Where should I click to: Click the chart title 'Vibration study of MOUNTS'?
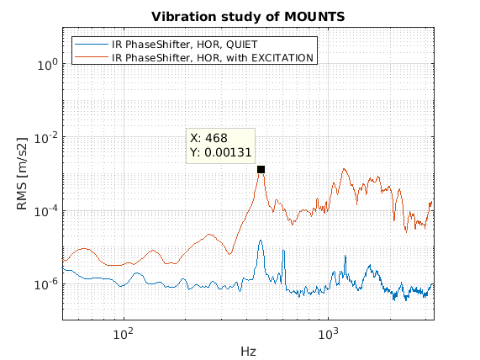pyautogui.click(x=248, y=17)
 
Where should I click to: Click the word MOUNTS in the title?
pyautogui.click(x=314, y=17)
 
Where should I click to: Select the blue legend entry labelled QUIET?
pyautogui.click(x=184, y=45)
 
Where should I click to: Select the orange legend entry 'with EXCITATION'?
pyautogui.click(x=213, y=58)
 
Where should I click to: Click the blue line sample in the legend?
pyautogui.click(x=92, y=45)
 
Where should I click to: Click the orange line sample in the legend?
pyautogui.click(x=92, y=57)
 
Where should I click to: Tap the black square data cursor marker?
pyautogui.click(x=261, y=169)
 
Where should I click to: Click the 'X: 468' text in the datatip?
pyautogui.click(x=208, y=138)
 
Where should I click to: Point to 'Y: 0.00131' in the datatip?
pyautogui.click(x=221, y=152)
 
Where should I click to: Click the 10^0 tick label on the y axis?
pyautogui.click(x=47, y=65)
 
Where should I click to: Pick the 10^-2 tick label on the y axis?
pyautogui.click(x=45, y=139)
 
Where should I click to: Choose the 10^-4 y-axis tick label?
pyautogui.click(x=45, y=212)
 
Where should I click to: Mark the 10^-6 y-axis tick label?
pyautogui.click(x=45, y=285)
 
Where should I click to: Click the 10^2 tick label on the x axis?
pyautogui.click(x=123, y=334)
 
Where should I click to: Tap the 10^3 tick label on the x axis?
pyautogui.click(x=328, y=334)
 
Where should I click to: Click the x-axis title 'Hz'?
pyautogui.click(x=248, y=351)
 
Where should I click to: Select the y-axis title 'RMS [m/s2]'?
pyautogui.click(x=22, y=173)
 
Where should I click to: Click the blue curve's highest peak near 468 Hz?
pyautogui.click(x=261, y=241)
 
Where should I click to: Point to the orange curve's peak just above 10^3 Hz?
pyautogui.click(x=345, y=169)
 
